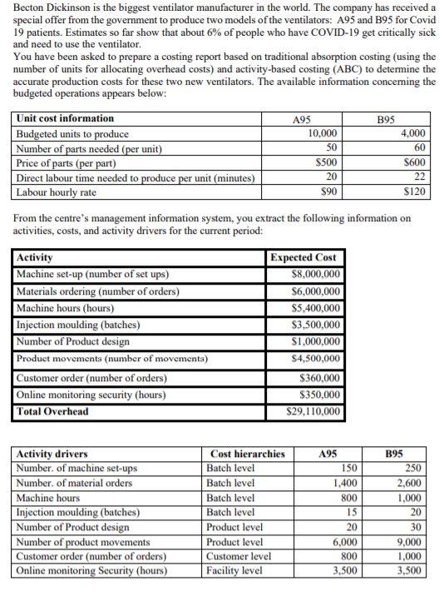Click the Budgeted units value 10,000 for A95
(323, 133)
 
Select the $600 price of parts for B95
(414, 162)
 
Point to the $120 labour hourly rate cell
(412, 191)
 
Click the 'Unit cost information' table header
(66, 119)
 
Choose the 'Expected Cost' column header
(303, 258)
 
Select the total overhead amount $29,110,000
(312, 411)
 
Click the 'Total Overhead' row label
(52, 411)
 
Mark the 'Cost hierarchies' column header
(248, 454)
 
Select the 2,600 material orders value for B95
(410, 483)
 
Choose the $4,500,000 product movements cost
(312, 359)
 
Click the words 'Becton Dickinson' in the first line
(45, 7)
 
